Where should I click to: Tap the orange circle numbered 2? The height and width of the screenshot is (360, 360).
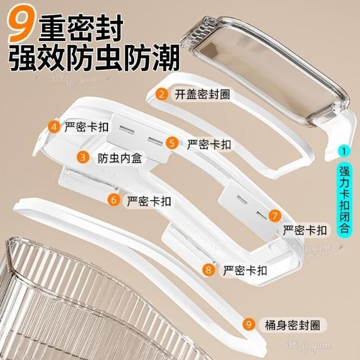[162, 94]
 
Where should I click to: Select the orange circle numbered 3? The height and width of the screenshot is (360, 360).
[83, 157]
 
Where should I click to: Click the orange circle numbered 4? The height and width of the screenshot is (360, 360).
[54, 127]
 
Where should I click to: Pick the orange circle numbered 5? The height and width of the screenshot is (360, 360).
[172, 143]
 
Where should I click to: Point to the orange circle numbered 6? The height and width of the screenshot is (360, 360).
[114, 200]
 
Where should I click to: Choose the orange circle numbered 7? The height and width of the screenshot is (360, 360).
[275, 215]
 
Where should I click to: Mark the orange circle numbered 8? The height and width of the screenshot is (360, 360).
[209, 269]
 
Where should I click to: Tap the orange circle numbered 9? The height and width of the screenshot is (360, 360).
[249, 324]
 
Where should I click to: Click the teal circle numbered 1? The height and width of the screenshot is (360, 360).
[344, 151]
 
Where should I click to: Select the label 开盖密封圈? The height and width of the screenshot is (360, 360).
[202, 94]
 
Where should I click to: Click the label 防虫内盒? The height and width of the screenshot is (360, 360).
[120, 159]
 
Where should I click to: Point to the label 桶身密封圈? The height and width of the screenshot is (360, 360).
[292, 325]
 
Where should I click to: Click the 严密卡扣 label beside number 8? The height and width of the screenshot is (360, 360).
[245, 271]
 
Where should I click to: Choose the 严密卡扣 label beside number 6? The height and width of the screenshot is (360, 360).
[149, 201]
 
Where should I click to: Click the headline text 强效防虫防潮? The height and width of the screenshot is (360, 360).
[93, 57]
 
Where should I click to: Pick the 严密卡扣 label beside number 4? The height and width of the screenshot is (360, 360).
[86, 127]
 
